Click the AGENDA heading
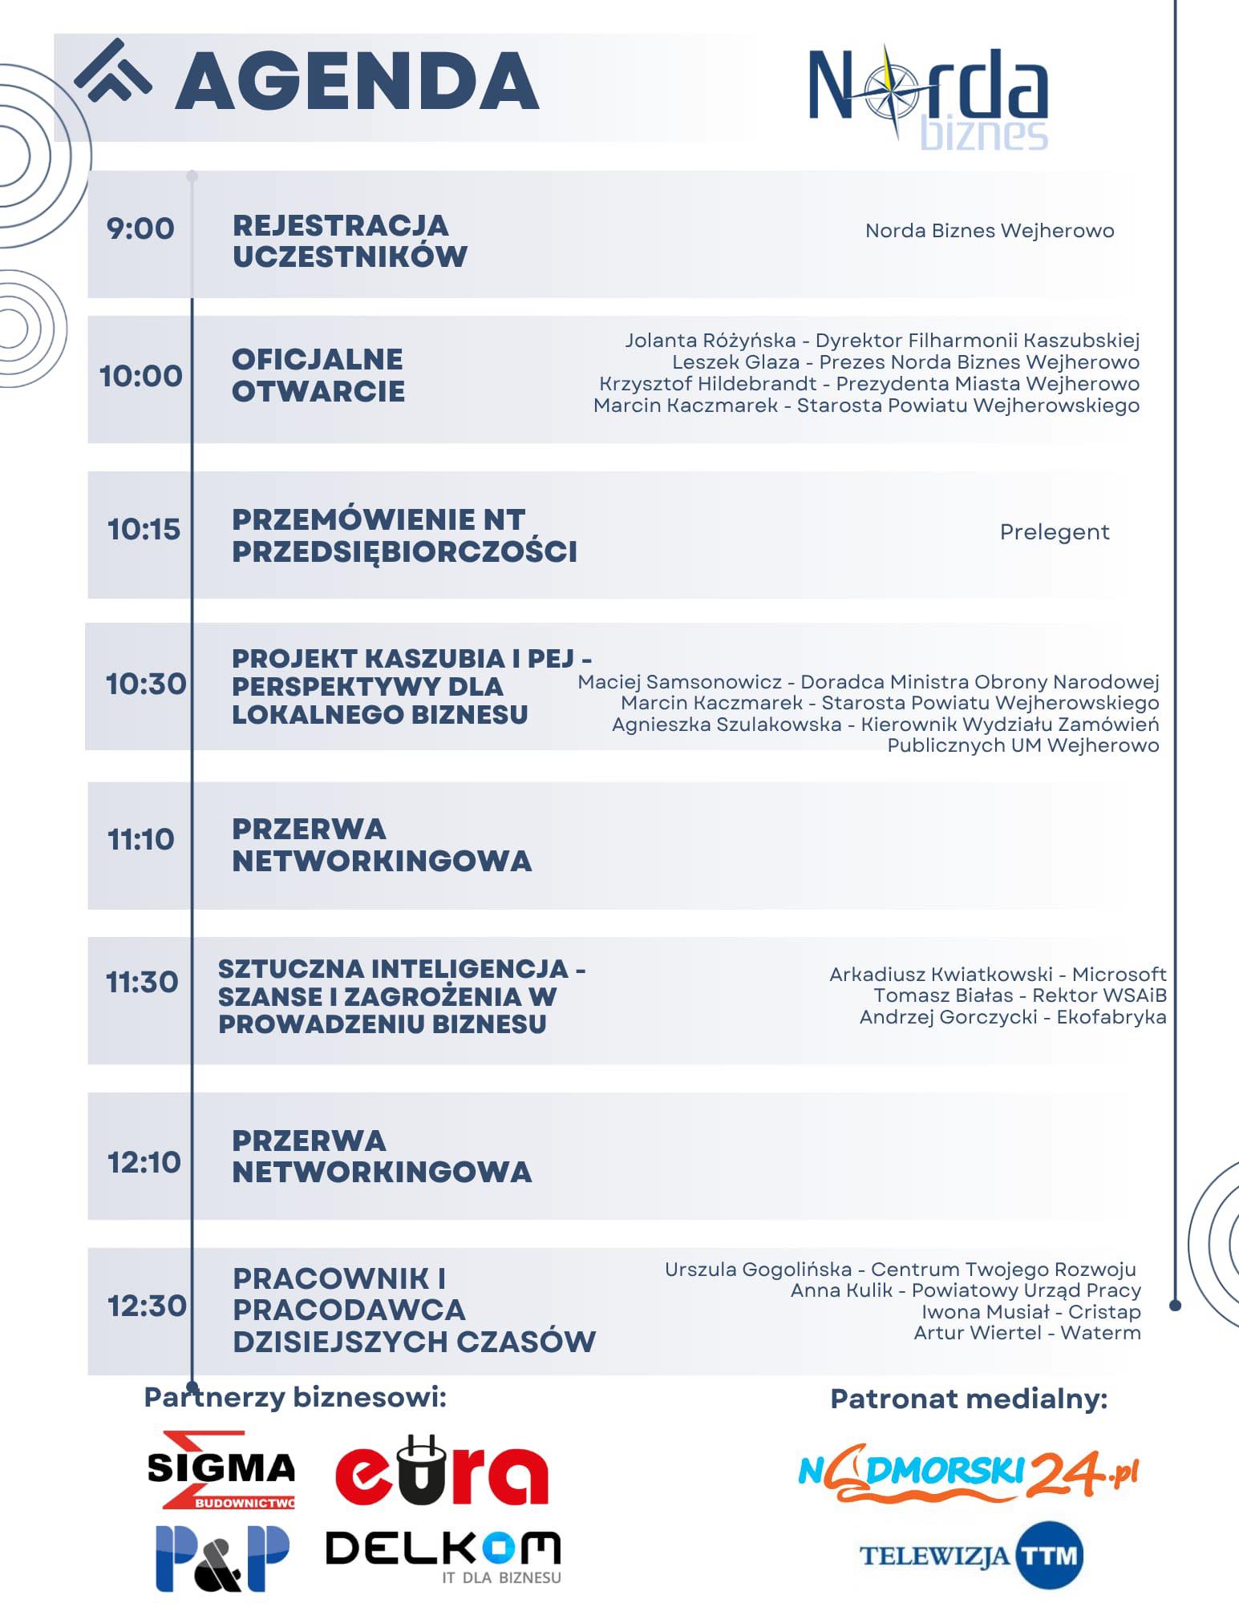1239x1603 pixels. point(357,80)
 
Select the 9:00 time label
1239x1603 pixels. point(140,229)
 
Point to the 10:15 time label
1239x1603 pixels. point(144,529)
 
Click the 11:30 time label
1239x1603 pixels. point(142,982)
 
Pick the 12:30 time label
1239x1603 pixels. point(147,1306)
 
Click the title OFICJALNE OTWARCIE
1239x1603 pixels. point(318,375)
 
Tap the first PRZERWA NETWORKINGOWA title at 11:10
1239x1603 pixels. point(382,845)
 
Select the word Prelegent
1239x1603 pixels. point(1055,532)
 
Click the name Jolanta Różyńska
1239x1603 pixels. point(711,341)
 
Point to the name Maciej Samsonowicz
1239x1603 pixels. point(679,682)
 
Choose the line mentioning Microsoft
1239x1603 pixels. point(998,975)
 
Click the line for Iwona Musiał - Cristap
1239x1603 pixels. point(1030,1312)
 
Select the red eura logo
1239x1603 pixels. point(441,1472)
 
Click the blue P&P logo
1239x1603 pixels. point(222,1558)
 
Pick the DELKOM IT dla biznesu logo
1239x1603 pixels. point(443,1555)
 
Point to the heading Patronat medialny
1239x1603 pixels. point(969,1399)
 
